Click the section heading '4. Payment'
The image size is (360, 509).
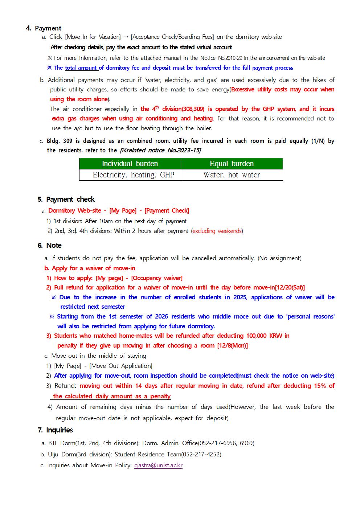tap(44, 28)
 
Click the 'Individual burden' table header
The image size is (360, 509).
tap(130, 164)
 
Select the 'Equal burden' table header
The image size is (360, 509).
tap(232, 164)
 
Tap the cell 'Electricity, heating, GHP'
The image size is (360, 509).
tap(134, 175)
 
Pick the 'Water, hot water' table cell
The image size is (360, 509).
tap(232, 175)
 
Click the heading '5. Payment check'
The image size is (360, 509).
tap(66, 199)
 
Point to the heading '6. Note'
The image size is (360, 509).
tap(50, 245)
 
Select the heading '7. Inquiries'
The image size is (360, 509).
tap(55, 430)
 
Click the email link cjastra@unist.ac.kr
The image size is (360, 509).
tap(158, 465)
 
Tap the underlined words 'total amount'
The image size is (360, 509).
tap(81, 68)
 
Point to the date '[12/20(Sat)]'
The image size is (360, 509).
tap(290, 287)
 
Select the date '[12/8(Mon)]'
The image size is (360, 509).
tap(232, 345)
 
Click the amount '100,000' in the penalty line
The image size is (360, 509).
tap(257, 336)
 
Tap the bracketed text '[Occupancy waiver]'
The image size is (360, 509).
tap(157, 278)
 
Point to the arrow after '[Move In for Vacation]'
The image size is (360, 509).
tap(126, 37)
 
